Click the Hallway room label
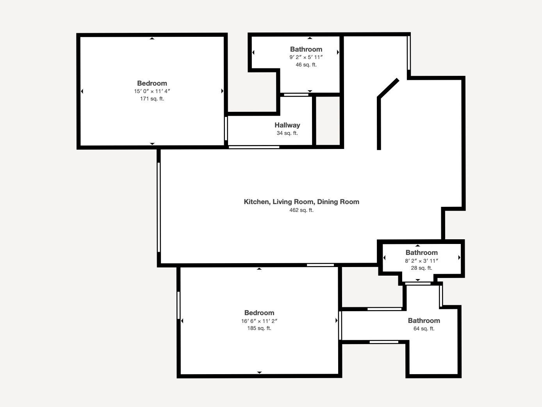tap(287, 125)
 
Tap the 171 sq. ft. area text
tap(152, 99)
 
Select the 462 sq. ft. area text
tap(301, 210)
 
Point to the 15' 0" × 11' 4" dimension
tap(152, 91)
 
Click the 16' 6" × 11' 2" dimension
tap(259, 321)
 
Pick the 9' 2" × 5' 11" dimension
tap(306, 57)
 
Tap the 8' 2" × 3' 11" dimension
tap(421, 261)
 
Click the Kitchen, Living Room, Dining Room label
tap(301, 202)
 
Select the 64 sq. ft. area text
tap(424, 329)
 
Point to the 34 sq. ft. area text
tap(287, 133)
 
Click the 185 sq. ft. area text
tap(259, 328)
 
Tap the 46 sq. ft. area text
tap(306, 65)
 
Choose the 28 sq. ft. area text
tap(421, 268)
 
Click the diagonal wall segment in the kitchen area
tap(388, 88)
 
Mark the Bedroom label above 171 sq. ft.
tap(152, 83)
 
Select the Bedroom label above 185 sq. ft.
tap(259, 313)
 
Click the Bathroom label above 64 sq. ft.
tap(424, 321)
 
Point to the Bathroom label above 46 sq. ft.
tap(306, 49)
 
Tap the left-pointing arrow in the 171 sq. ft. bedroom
tap(82, 91)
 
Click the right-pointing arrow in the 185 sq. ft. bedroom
tap(336, 321)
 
